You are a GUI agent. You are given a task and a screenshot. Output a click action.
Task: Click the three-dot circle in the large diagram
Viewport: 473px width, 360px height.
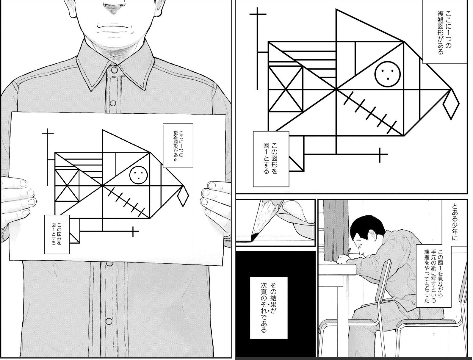387,74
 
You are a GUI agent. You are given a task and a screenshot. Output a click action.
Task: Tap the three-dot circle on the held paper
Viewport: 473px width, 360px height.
139,175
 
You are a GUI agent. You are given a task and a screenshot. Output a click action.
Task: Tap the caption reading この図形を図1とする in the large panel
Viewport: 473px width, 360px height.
271,159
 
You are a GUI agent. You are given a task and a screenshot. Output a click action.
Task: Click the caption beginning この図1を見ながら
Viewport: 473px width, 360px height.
433,276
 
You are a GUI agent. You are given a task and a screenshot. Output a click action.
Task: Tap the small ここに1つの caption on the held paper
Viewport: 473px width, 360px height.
178,146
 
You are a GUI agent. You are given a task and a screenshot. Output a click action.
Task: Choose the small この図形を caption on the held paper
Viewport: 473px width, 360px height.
57,234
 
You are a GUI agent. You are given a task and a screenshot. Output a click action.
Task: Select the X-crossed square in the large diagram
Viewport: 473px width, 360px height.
286,89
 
